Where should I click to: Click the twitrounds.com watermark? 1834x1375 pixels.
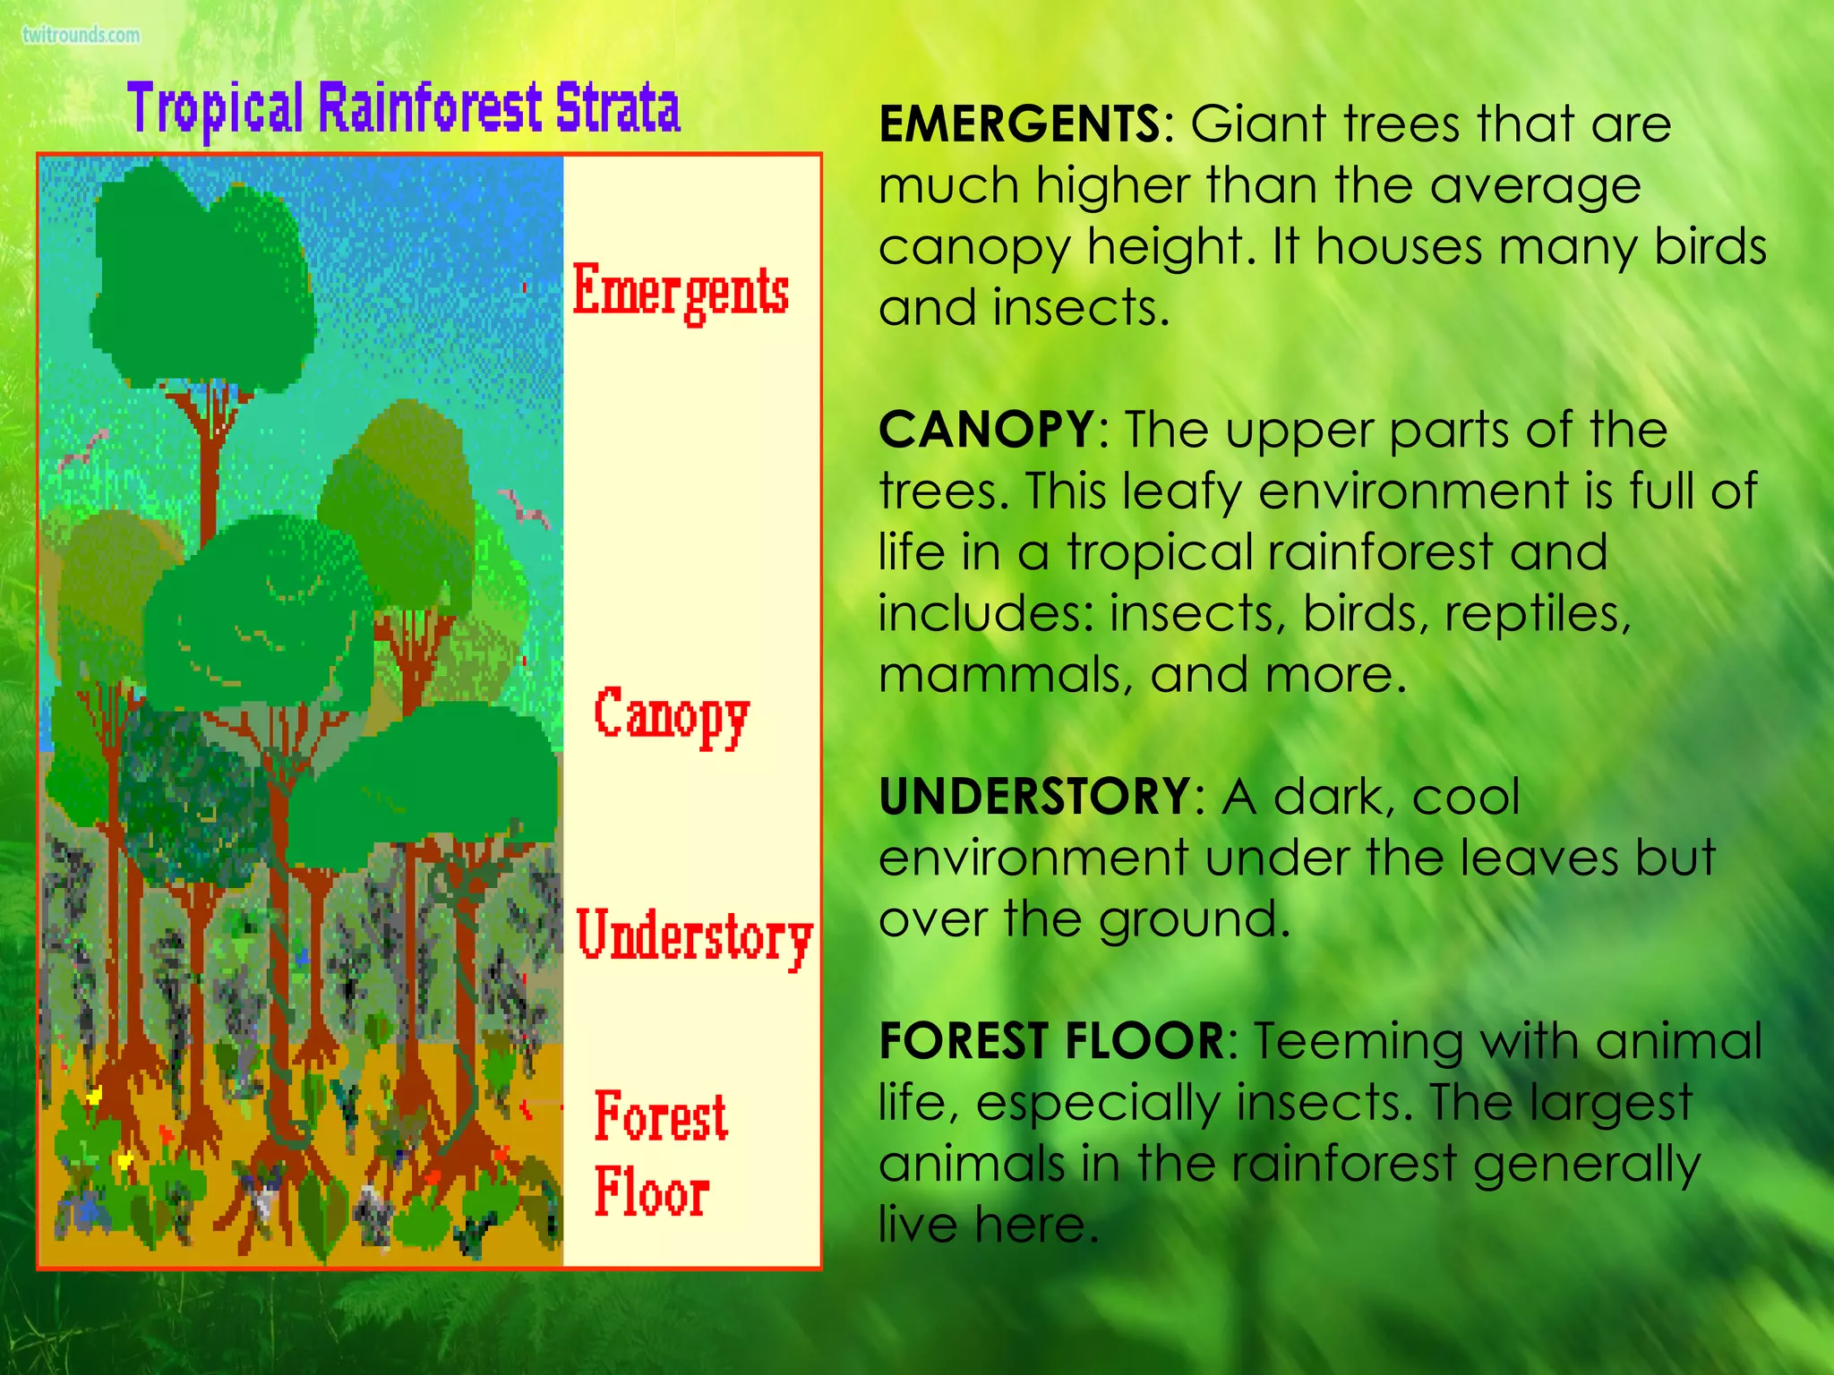[81, 35]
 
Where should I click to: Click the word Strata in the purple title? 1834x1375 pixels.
[617, 108]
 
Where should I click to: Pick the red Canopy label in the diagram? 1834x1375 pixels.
[672, 716]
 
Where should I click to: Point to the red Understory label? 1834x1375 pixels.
[694, 936]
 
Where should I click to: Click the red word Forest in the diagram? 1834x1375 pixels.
[661, 1116]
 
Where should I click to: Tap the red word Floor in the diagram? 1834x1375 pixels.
[652, 1192]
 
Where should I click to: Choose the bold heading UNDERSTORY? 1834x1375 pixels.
[1035, 796]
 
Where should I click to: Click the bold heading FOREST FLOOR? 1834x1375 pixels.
[1052, 1040]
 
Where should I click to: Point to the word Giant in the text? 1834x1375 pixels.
[1258, 124]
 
